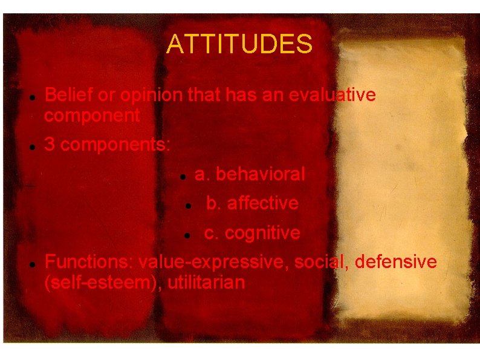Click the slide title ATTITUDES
pyautogui.click(x=239, y=44)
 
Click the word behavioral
pyautogui.click(x=260, y=174)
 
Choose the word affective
pyautogui.click(x=262, y=203)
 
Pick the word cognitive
pyautogui.click(x=262, y=233)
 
